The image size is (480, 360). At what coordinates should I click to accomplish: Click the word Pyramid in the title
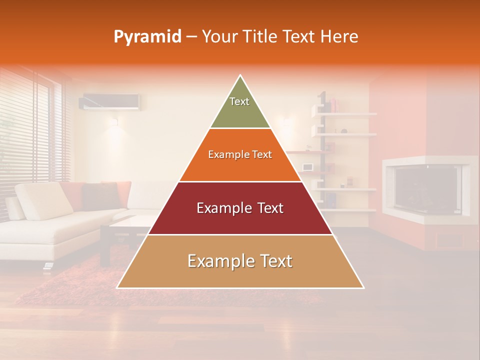pos(147,37)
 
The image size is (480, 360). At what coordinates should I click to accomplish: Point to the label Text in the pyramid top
pos(239,101)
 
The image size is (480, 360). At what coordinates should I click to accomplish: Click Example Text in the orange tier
pos(240,154)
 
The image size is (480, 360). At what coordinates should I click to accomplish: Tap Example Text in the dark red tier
pos(240,208)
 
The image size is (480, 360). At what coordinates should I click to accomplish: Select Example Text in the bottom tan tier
pos(240,261)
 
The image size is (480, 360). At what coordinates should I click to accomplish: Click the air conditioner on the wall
pos(110,101)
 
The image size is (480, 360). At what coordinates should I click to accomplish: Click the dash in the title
pos(191,37)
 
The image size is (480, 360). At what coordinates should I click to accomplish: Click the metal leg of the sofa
pos(47,265)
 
